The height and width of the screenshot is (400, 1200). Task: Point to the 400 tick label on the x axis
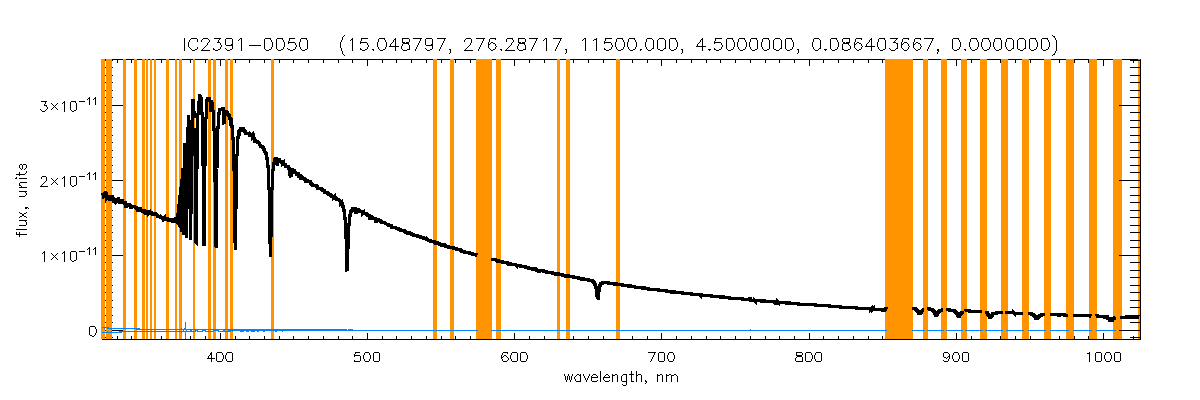click(x=219, y=357)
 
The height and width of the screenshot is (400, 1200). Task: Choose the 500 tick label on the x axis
click(x=366, y=357)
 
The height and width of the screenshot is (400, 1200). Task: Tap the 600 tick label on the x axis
click(x=514, y=357)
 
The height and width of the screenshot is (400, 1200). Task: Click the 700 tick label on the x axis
click(x=661, y=357)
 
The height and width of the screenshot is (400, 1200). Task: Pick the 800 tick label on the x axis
click(x=808, y=357)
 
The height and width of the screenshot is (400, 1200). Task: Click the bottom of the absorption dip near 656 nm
click(x=597, y=298)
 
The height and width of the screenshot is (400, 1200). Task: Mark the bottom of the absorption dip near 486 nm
click(x=346, y=270)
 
